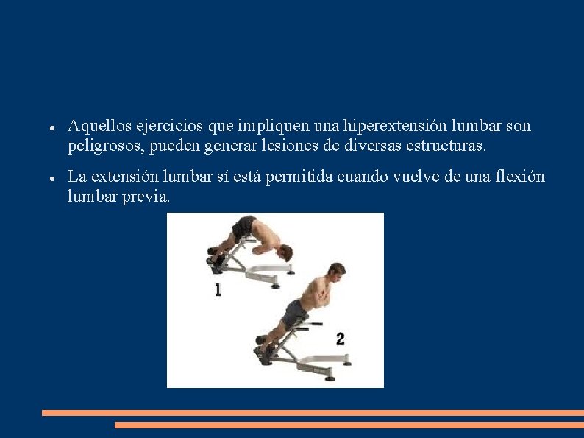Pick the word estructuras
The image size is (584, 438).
click(444, 146)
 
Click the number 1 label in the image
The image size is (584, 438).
click(218, 290)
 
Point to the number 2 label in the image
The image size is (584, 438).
click(340, 339)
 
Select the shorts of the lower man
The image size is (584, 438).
click(295, 312)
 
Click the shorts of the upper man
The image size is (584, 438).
click(244, 226)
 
